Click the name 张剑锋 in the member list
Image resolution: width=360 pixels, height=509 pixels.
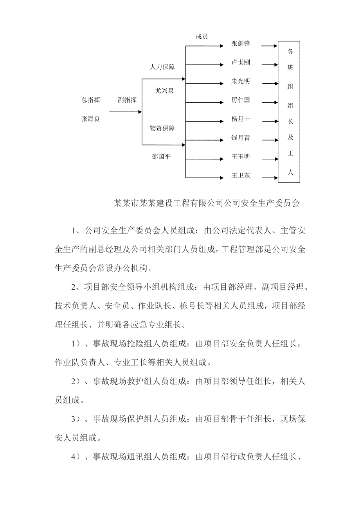point(240,44)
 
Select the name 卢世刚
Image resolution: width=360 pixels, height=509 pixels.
point(240,63)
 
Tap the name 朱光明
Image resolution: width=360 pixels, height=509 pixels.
point(240,82)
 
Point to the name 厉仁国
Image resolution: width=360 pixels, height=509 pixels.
point(240,100)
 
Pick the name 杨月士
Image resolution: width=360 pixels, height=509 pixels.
point(240,119)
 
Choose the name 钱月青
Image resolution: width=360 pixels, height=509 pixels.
point(240,138)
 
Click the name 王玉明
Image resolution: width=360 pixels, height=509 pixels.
point(240,157)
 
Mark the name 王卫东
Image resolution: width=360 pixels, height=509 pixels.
point(240,176)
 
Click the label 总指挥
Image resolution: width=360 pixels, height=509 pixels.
point(90,100)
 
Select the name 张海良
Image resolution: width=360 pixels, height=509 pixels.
point(90,119)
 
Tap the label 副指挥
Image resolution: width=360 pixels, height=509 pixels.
point(127,100)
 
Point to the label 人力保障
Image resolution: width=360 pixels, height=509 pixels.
point(162,67)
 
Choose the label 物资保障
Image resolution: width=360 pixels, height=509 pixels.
point(162,128)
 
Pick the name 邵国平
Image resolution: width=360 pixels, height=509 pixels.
point(162,157)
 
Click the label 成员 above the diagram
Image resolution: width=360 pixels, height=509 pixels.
point(202,37)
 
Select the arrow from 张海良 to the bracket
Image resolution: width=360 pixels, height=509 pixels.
point(125,112)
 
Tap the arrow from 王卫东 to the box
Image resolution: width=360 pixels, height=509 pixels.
point(268,177)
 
